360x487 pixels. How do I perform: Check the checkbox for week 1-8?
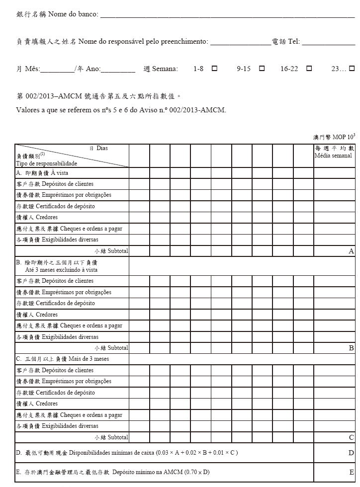point(214,69)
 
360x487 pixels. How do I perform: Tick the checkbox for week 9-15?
point(262,69)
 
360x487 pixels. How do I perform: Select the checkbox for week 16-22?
point(309,69)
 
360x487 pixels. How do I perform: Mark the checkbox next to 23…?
point(352,69)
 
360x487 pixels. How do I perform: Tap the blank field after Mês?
point(57,70)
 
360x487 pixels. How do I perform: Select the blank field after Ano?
point(118,70)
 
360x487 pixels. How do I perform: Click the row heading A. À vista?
point(42,173)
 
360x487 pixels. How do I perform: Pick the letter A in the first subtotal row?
point(351,251)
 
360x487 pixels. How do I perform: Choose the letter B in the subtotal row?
point(352,348)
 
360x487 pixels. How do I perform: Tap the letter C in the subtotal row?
point(352,437)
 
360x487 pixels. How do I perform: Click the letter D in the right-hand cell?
point(352,453)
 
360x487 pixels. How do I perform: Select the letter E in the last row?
point(352,472)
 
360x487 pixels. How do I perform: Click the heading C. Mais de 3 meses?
point(63,359)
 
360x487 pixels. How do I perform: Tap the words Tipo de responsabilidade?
point(46,163)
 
